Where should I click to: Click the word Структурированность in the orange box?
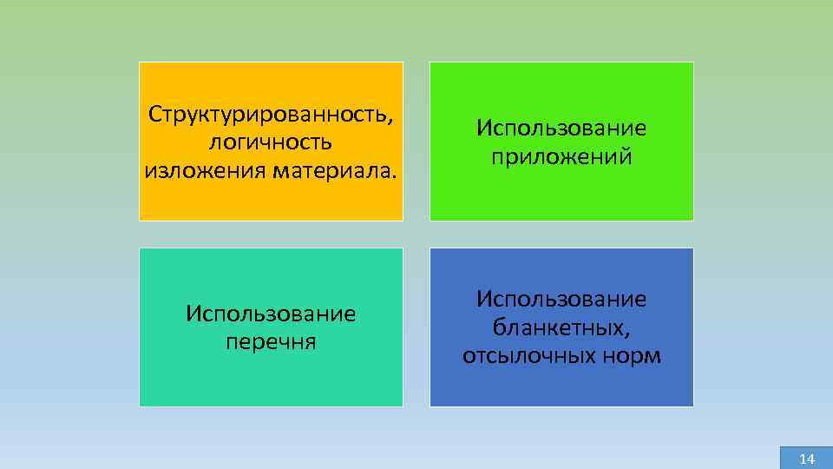coord(269,114)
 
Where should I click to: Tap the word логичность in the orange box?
coord(271,141)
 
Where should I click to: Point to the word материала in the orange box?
coord(334,168)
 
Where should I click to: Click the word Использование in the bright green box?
coord(561,129)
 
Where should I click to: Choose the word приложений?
coord(561,157)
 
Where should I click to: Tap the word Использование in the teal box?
coord(271,314)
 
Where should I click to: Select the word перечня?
coord(271,341)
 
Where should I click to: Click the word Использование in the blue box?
coord(561,299)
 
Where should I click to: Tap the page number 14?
coord(807,459)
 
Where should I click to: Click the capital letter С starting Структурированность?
coord(154,114)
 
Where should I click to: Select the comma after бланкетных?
coord(627,332)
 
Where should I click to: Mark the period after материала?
coord(396,173)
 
